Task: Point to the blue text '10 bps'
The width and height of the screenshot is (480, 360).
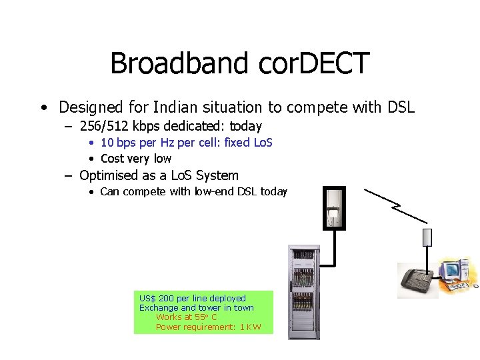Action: pyautogui.click(x=116, y=143)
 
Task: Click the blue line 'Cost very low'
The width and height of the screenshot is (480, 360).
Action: pyautogui.click(x=135, y=159)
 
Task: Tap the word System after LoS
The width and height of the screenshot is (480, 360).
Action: pyautogui.click(x=217, y=176)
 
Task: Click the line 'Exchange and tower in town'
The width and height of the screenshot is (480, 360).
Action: pyautogui.click(x=196, y=308)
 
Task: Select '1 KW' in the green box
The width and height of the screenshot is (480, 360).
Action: pyautogui.click(x=250, y=327)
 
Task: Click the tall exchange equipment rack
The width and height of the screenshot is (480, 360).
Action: pyautogui.click(x=303, y=292)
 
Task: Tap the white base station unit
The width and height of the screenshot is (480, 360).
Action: pyautogui.click(x=334, y=208)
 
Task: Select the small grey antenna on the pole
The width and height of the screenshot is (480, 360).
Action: pyautogui.click(x=427, y=237)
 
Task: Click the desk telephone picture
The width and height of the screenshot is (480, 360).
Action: pyautogui.click(x=417, y=280)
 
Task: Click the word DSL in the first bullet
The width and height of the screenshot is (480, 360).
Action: pyautogui.click(x=399, y=107)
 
